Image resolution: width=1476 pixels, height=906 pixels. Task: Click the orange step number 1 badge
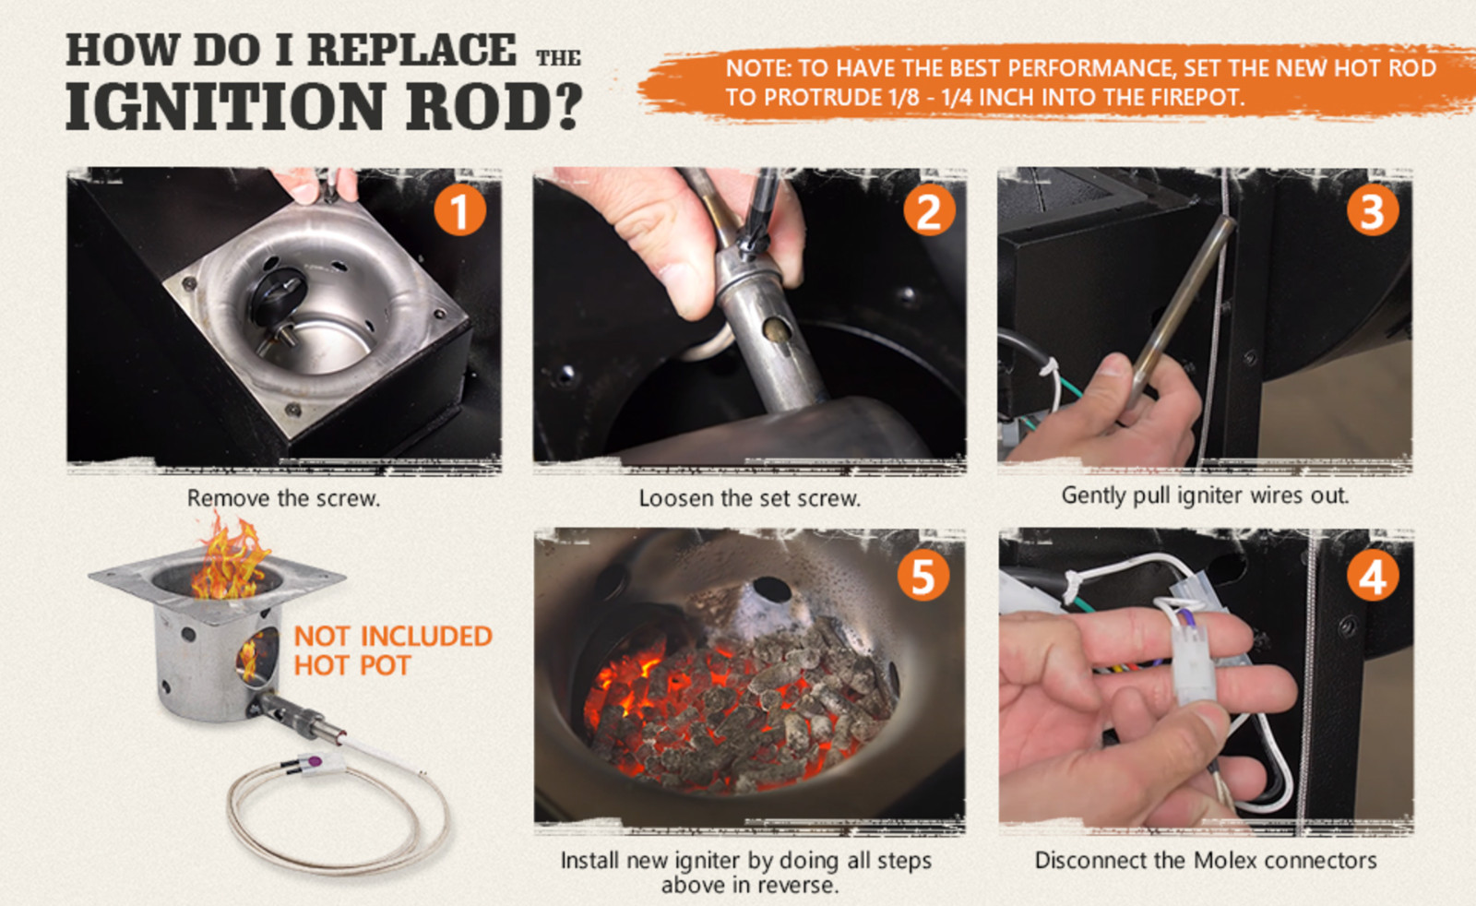click(459, 209)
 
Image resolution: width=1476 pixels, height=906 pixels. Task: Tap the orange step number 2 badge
click(927, 209)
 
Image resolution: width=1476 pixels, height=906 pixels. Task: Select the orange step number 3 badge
click(1372, 209)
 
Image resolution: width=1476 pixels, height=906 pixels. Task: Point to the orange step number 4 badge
click(1372, 577)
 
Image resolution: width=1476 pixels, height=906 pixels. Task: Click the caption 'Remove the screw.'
click(283, 499)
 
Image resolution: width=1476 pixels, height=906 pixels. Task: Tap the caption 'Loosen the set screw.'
click(749, 499)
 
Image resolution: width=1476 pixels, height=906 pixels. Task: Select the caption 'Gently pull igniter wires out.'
click(1205, 495)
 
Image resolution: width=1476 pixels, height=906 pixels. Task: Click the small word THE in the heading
click(558, 58)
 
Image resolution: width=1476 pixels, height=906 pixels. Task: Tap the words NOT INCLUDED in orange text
click(393, 636)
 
